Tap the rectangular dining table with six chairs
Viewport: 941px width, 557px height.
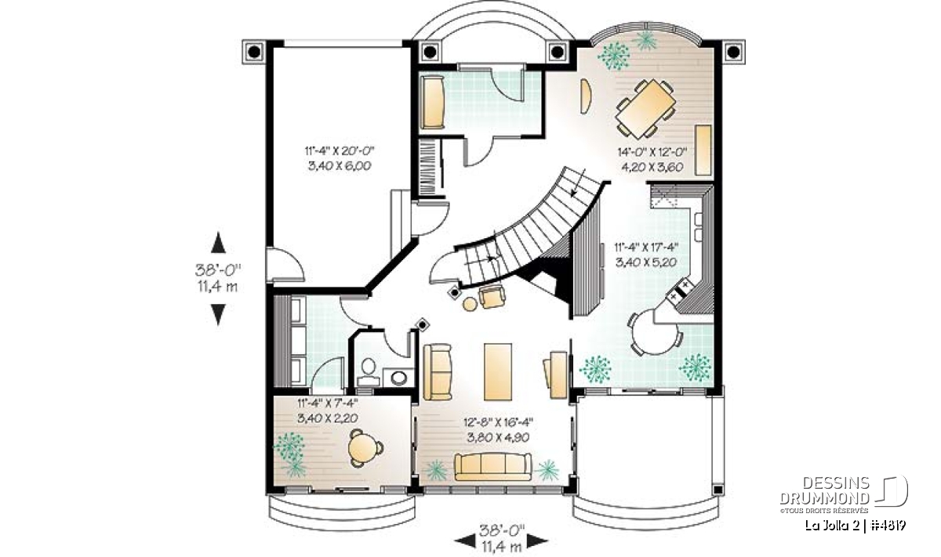[x=645, y=108]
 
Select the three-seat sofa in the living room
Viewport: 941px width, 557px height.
[x=493, y=466]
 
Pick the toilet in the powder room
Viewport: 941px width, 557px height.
[x=369, y=372]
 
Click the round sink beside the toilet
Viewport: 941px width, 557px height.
[x=398, y=378]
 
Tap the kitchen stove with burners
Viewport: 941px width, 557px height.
[x=679, y=291]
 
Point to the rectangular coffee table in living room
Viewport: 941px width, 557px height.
[x=498, y=372]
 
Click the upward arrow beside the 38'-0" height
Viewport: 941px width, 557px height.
[x=218, y=243]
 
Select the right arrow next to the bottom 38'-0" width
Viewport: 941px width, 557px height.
[x=538, y=541]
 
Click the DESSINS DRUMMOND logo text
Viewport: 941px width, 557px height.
[x=825, y=491]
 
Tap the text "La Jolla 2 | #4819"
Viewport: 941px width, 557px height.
[x=855, y=525]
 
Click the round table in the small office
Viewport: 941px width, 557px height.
[x=364, y=448]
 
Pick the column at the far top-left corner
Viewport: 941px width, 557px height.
[x=254, y=52]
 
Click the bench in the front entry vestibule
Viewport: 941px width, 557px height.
[x=433, y=102]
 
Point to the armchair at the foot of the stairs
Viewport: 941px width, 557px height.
[x=492, y=296]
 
